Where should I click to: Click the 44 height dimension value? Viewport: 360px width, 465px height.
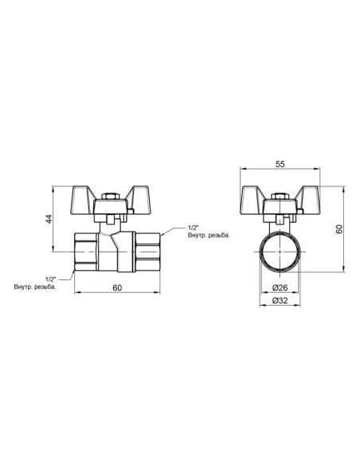[49, 219]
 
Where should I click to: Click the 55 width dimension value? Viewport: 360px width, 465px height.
[280, 164]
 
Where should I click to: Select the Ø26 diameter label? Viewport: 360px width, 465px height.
[280, 287]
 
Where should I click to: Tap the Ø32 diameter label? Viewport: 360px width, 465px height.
[280, 301]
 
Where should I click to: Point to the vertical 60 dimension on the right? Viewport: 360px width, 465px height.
[340, 229]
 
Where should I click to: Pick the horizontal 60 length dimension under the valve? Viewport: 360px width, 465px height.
[117, 287]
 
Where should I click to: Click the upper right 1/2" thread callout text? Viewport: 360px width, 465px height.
[193, 228]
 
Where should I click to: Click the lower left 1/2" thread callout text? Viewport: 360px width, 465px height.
[50, 279]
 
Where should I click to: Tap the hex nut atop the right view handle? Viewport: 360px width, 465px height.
[280, 197]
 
